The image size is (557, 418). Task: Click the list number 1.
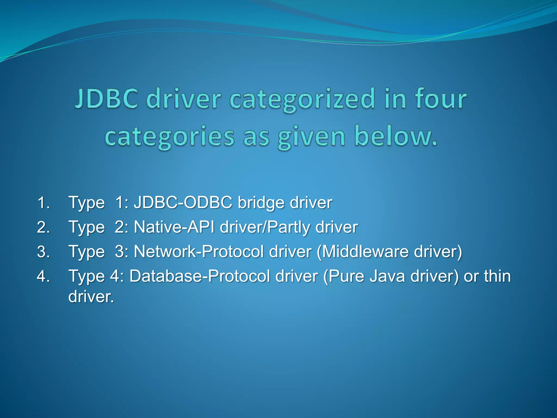point(43,203)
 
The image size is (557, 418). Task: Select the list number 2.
point(43,227)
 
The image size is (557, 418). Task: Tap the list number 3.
point(43,252)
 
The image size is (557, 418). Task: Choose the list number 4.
point(43,276)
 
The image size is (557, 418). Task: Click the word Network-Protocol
point(199,252)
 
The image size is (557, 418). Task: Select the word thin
point(497,276)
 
